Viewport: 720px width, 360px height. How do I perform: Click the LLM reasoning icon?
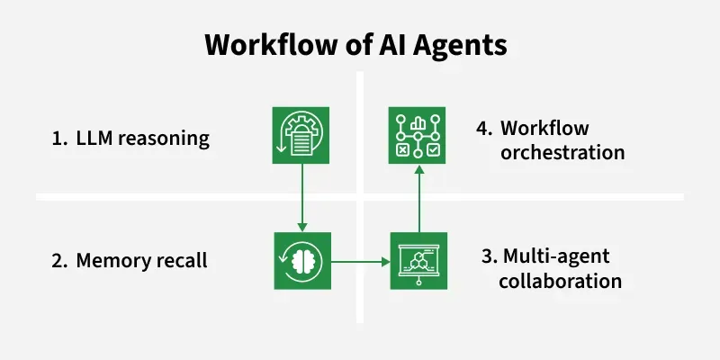coord(301,135)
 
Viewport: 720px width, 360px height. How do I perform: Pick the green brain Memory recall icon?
coord(302,261)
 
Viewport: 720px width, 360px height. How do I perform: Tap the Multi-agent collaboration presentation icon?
coord(419,261)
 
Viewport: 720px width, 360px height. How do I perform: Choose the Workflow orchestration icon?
coord(418,136)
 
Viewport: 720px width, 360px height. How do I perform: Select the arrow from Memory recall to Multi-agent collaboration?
coord(360,262)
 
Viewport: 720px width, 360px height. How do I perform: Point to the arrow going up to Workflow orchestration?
coord(418,197)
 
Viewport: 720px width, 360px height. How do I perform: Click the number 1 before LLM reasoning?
coord(58,139)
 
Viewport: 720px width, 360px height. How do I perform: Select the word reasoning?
coord(164,140)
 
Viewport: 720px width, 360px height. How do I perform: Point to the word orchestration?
coord(562,152)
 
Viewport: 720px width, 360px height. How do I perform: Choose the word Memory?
coord(110,262)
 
